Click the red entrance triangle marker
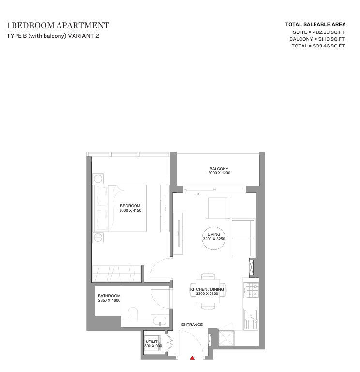pos(192,358)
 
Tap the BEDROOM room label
pos(130,206)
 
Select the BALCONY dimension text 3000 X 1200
pos(219,173)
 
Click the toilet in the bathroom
pos(133,314)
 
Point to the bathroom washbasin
pos(160,321)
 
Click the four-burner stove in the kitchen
pos(252,291)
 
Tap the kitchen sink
pos(251,319)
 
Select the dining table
pos(208,291)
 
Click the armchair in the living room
pos(218,207)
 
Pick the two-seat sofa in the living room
pos(243,238)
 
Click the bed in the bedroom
pos(120,208)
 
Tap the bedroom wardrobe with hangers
pos(117,274)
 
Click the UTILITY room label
pos(153,341)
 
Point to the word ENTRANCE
pos(192,325)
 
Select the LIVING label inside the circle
pos(214,234)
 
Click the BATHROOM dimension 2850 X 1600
pos(109,301)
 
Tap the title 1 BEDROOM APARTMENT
pos(58,25)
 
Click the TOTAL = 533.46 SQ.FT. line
pos(318,46)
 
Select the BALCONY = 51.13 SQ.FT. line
pos(317,39)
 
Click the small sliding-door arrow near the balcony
pos(197,194)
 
